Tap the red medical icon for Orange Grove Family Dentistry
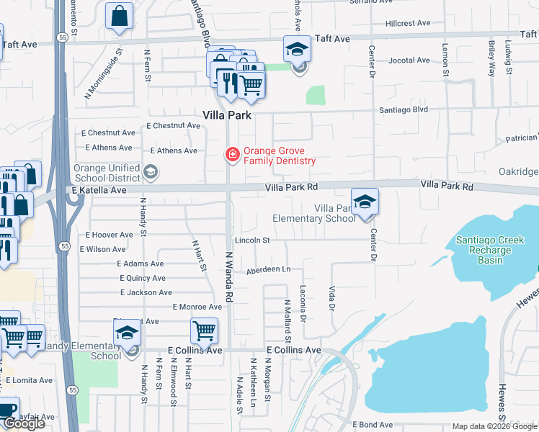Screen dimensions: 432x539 232,153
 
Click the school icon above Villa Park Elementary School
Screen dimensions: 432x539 365,202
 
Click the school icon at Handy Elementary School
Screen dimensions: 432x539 128,333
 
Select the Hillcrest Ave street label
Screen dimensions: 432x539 408,23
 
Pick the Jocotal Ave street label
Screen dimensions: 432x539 409,61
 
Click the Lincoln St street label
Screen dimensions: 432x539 251,240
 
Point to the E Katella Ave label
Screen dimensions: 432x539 99,190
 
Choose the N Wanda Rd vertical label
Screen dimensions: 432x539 229,276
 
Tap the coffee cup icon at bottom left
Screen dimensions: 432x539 7,409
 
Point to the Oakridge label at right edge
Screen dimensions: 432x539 518,171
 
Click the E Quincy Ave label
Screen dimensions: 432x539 152,278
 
